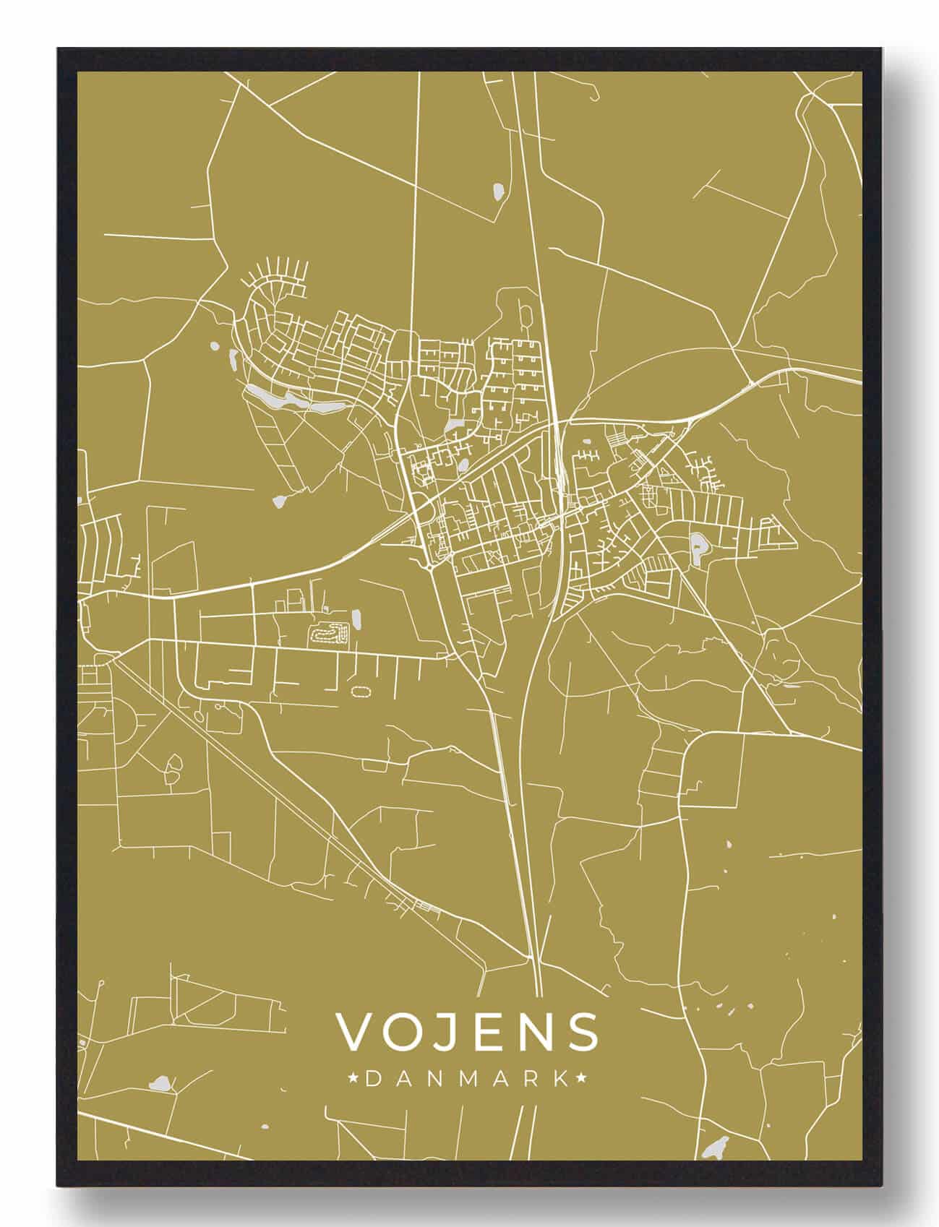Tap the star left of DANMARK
click(353, 1079)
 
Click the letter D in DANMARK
click(373, 1079)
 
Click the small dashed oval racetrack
click(359, 692)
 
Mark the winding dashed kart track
click(330, 634)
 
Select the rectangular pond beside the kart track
click(357, 619)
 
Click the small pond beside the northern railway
click(497, 191)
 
